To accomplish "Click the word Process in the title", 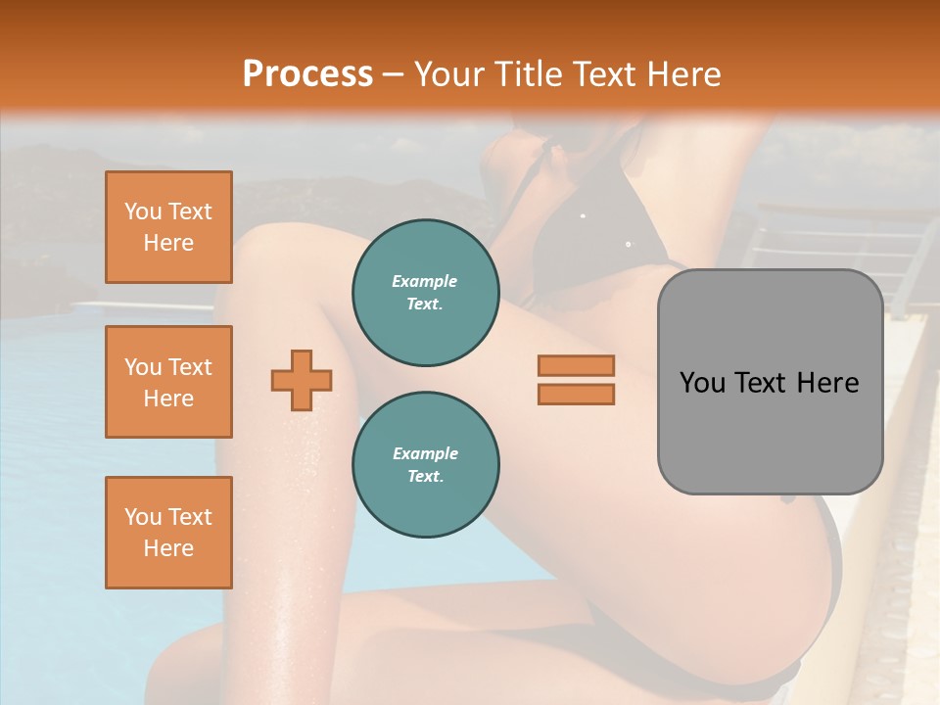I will coord(307,74).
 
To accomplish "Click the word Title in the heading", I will coord(526,74).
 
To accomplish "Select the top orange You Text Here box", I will coord(168,227).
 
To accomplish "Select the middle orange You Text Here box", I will coord(168,382).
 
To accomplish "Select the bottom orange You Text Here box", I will coord(168,533).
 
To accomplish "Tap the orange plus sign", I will coord(302,380).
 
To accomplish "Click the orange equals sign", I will coord(576,380).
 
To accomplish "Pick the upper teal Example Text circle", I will coord(425,293).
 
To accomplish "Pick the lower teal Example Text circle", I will coord(425,465).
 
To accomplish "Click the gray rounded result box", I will coord(770,382).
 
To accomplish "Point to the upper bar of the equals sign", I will coord(576,365).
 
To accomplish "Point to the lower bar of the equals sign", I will coord(576,395).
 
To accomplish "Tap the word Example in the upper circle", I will coord(425,281).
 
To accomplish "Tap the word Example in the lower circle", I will coord(425,453).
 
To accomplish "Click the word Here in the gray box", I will coord(827,383).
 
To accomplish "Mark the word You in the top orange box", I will coord(142,211).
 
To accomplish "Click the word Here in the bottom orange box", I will coord(168,548).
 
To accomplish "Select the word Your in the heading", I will coord(451,74).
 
